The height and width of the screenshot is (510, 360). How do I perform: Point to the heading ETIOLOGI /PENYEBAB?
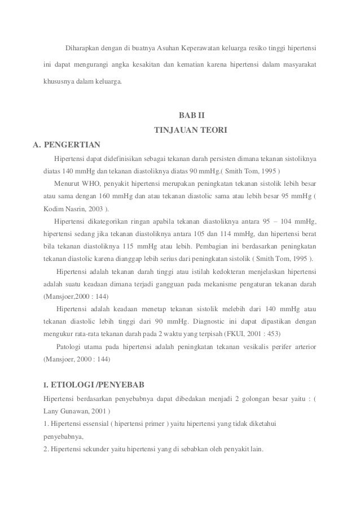click(98, 385)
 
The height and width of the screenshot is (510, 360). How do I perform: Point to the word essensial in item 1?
click(90, 424)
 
